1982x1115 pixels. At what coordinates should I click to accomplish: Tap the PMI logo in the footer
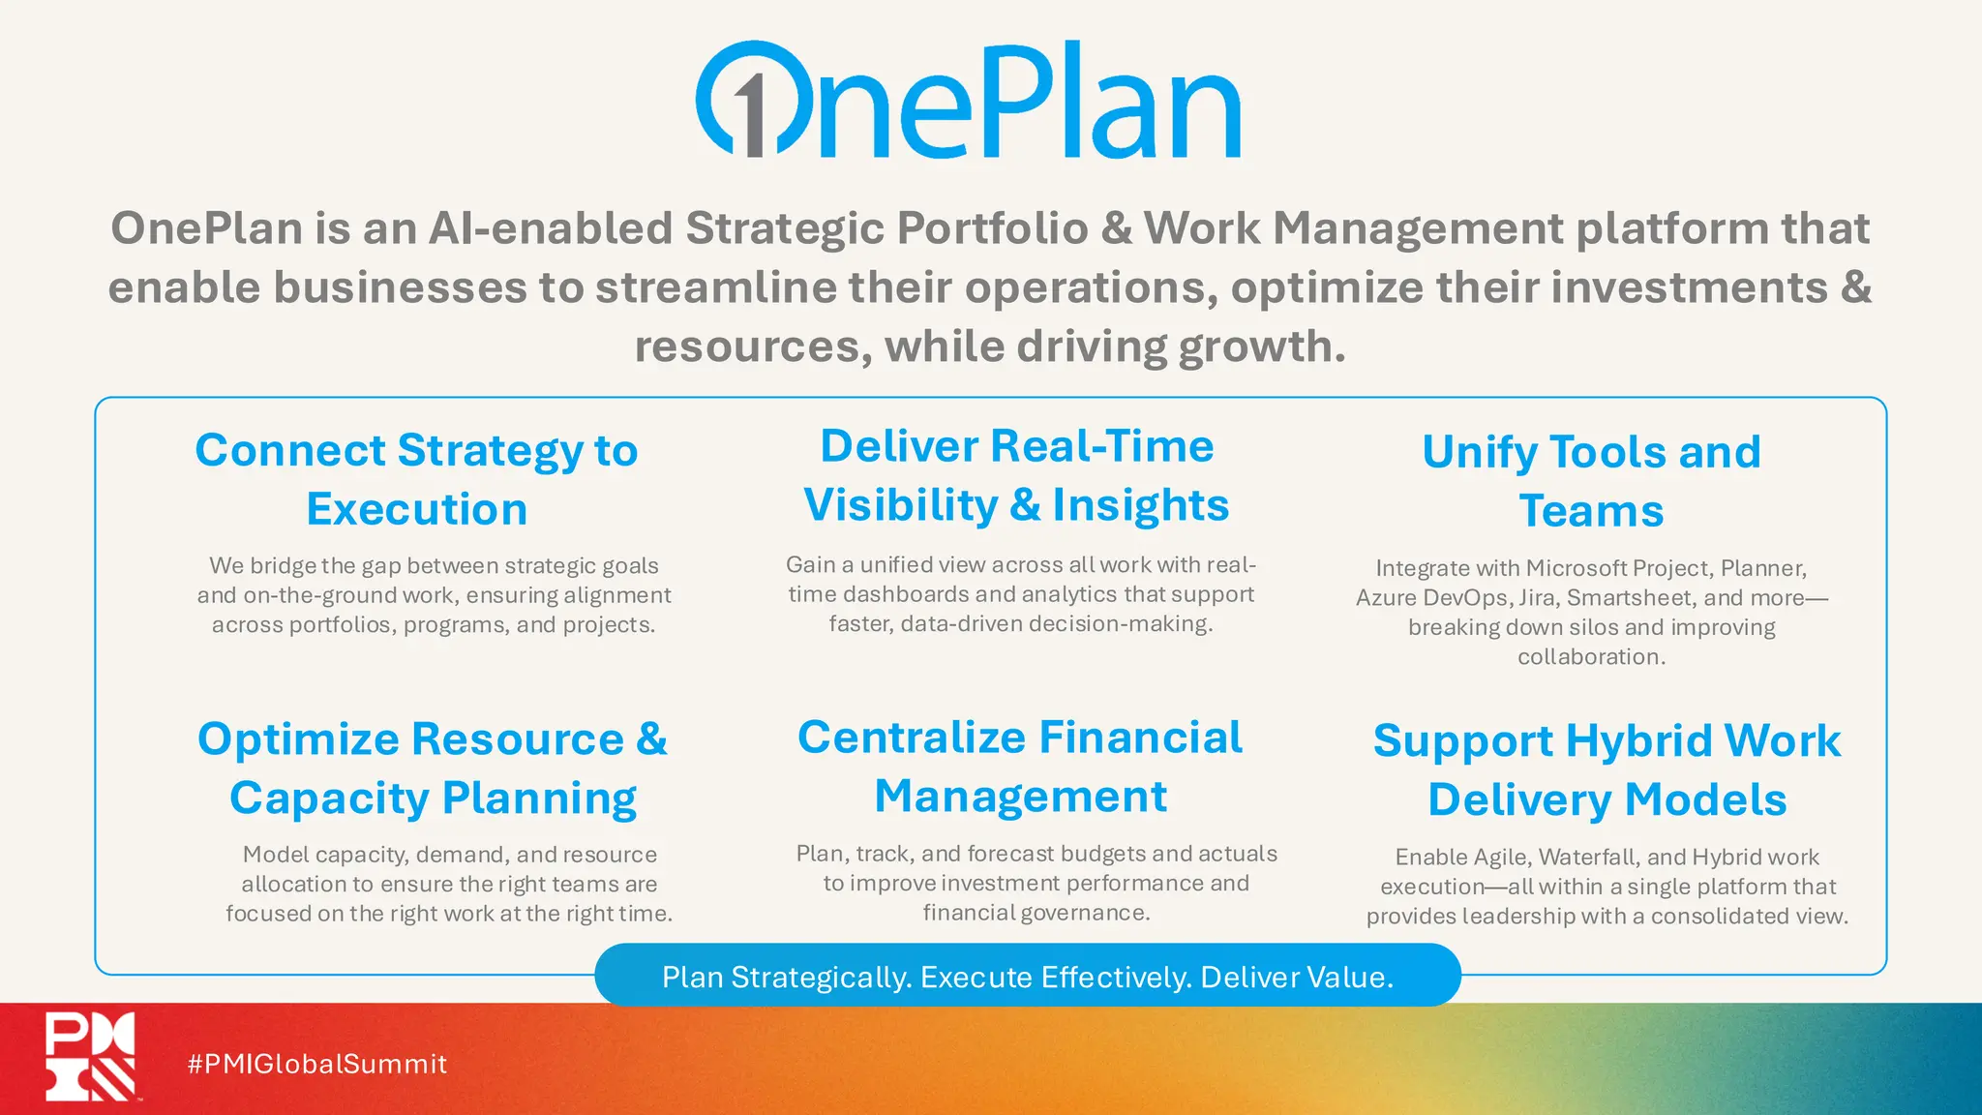90,1056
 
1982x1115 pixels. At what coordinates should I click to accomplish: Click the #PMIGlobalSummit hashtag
316,1064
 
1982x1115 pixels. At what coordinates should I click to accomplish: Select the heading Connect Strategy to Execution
416,479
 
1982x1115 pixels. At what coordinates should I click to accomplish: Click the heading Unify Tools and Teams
1591,481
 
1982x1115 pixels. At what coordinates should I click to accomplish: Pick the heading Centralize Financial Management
1020,767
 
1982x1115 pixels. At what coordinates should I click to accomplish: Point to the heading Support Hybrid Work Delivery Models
1607,769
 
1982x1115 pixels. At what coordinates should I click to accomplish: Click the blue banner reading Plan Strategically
1027,977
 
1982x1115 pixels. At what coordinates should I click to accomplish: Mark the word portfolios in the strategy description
341,624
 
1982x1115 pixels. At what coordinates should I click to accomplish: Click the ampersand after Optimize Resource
651,739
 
